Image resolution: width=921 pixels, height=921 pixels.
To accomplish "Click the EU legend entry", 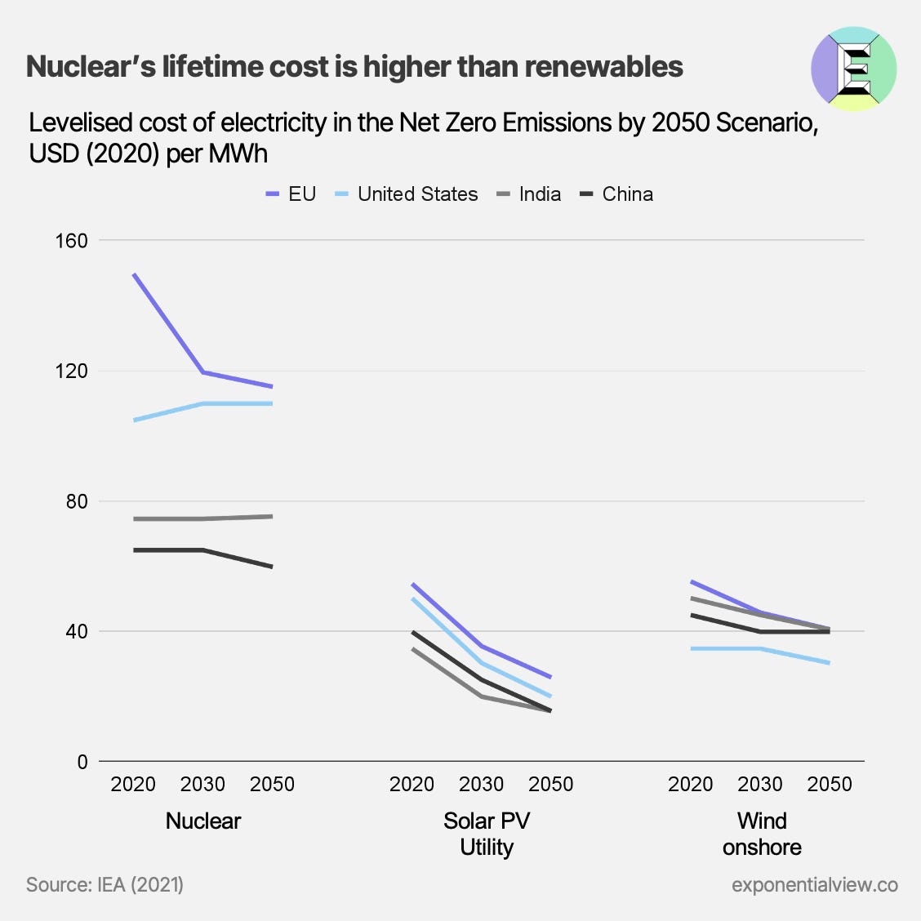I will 291,194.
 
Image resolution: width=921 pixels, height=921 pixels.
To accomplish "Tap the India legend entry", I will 529,194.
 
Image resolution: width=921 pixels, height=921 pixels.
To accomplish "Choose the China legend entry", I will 616,194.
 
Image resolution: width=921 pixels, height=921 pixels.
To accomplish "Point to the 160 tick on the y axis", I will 70,241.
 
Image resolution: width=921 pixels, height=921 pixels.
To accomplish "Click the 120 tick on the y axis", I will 70,371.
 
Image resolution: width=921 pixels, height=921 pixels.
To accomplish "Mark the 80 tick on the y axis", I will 76,501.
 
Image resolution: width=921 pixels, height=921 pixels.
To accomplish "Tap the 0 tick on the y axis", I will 82,762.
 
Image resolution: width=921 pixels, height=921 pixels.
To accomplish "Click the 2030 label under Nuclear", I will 202,785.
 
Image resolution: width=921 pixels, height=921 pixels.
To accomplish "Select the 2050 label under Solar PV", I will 551,785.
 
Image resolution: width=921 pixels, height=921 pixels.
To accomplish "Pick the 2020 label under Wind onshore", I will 691,785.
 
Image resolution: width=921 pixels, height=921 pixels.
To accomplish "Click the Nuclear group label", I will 202,821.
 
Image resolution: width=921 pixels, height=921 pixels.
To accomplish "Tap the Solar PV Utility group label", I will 487,834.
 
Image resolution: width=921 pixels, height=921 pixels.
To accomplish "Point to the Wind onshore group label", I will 762,834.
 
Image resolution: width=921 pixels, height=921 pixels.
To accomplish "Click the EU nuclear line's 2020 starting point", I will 134,274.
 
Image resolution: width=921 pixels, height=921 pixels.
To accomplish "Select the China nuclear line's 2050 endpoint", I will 271,567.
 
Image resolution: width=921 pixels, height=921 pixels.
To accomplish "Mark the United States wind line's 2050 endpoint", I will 829,663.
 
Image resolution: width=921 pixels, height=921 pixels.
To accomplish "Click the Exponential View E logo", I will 854,69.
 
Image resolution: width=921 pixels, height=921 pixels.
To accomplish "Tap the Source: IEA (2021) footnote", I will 105,884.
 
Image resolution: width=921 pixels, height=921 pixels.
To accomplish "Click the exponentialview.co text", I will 814,884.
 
